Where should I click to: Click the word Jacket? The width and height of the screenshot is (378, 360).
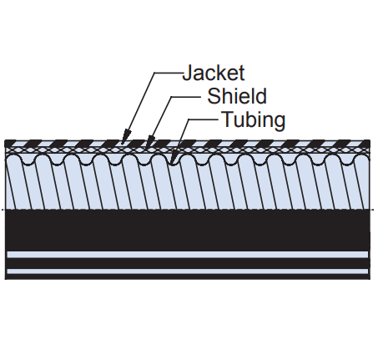coord(214,73)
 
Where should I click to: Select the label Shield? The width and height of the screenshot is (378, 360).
coord(237,96)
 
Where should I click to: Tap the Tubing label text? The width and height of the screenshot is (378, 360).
coord(254,120)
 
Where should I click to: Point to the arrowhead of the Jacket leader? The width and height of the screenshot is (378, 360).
coord(125,136)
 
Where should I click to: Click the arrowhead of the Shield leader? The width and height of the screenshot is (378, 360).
coord(149,141)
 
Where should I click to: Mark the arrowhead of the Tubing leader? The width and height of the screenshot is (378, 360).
coord(174,158)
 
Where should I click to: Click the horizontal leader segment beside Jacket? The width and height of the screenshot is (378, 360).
coord(169,73)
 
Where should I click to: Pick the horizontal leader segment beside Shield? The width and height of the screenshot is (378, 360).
coord(186,97)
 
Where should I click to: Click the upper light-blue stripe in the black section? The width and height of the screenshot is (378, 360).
coord(188,255)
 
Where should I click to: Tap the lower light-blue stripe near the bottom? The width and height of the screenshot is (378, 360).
coord(188,271)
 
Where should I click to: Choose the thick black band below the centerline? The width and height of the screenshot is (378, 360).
coord(188,231)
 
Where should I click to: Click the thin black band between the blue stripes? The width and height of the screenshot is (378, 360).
coord(188,263)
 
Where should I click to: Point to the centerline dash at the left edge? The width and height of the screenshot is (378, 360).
coord(3,210)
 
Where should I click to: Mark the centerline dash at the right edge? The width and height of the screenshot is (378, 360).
coord(373,210)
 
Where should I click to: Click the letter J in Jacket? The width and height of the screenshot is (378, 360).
coord(187,73)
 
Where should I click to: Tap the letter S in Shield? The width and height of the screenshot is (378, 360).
coord(214,96)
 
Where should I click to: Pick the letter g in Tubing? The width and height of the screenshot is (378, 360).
coord(280,124)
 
